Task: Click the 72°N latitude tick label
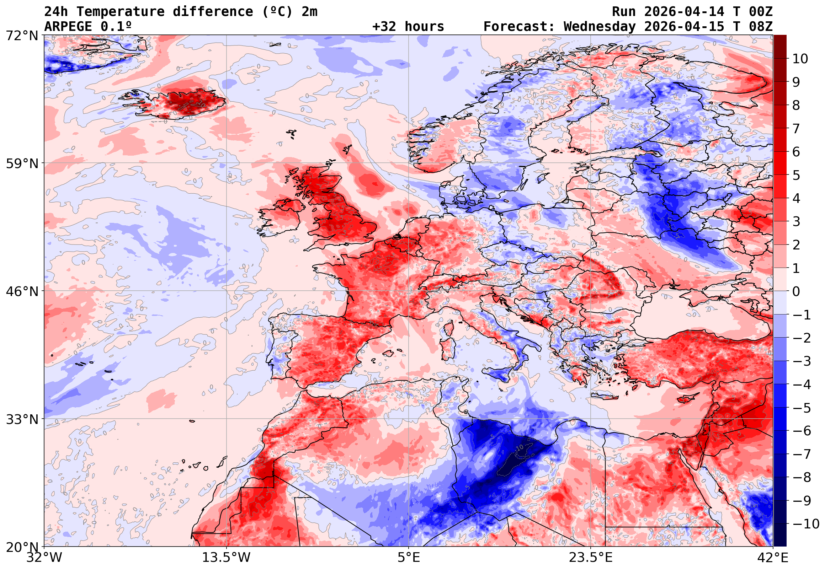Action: point(22,36)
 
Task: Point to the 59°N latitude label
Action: point(22,163)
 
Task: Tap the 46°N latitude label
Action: point(22,291)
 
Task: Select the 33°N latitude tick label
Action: point(22,419)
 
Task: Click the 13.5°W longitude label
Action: point(226,558)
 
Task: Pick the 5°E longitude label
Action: point(408,558)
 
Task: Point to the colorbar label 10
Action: point(800,59)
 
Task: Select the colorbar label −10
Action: point(806,524)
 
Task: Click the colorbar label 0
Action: point(796,291)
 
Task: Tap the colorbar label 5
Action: point(796,175)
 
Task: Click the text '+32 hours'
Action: point(408,27)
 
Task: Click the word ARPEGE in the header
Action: point(68,27)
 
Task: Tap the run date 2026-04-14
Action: point(684,12)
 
